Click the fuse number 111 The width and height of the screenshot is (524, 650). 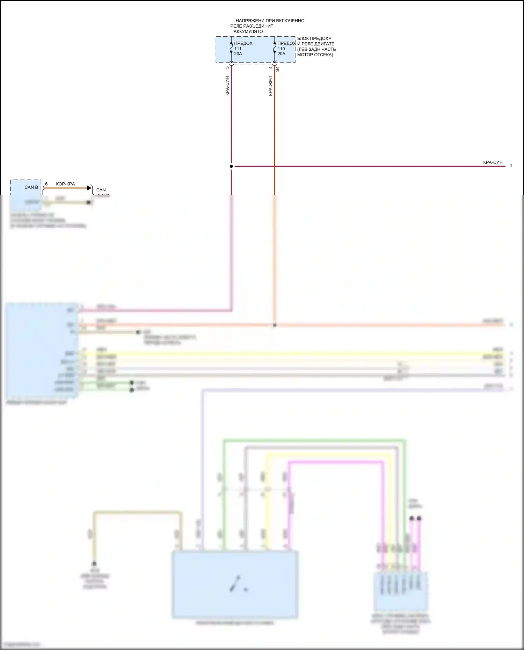point(238,49)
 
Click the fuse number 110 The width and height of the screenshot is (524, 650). point(281,49)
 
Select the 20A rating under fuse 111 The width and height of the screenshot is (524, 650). point(238,54)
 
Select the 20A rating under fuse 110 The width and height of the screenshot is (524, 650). point(281,54)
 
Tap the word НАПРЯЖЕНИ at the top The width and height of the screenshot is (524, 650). point(249,21)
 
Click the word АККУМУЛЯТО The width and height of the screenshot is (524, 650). point(248,31)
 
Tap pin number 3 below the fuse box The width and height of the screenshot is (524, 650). point(227,67)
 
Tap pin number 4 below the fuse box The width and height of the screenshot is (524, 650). point(271,67)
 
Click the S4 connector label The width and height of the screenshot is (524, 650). point(277,69)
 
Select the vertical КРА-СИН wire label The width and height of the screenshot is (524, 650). point(227,86)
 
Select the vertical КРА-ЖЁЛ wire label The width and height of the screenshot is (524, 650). point(271,86)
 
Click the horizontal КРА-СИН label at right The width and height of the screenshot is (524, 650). point(493,162)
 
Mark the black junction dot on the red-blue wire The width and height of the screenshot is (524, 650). point(231,166)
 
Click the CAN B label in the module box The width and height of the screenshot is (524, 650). point(31,187)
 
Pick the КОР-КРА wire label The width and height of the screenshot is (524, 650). point(65,184)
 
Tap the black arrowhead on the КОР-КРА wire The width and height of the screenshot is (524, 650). point(89,188)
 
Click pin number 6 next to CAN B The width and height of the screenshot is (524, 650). point(46,184)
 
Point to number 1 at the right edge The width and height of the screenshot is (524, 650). point(511,166)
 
